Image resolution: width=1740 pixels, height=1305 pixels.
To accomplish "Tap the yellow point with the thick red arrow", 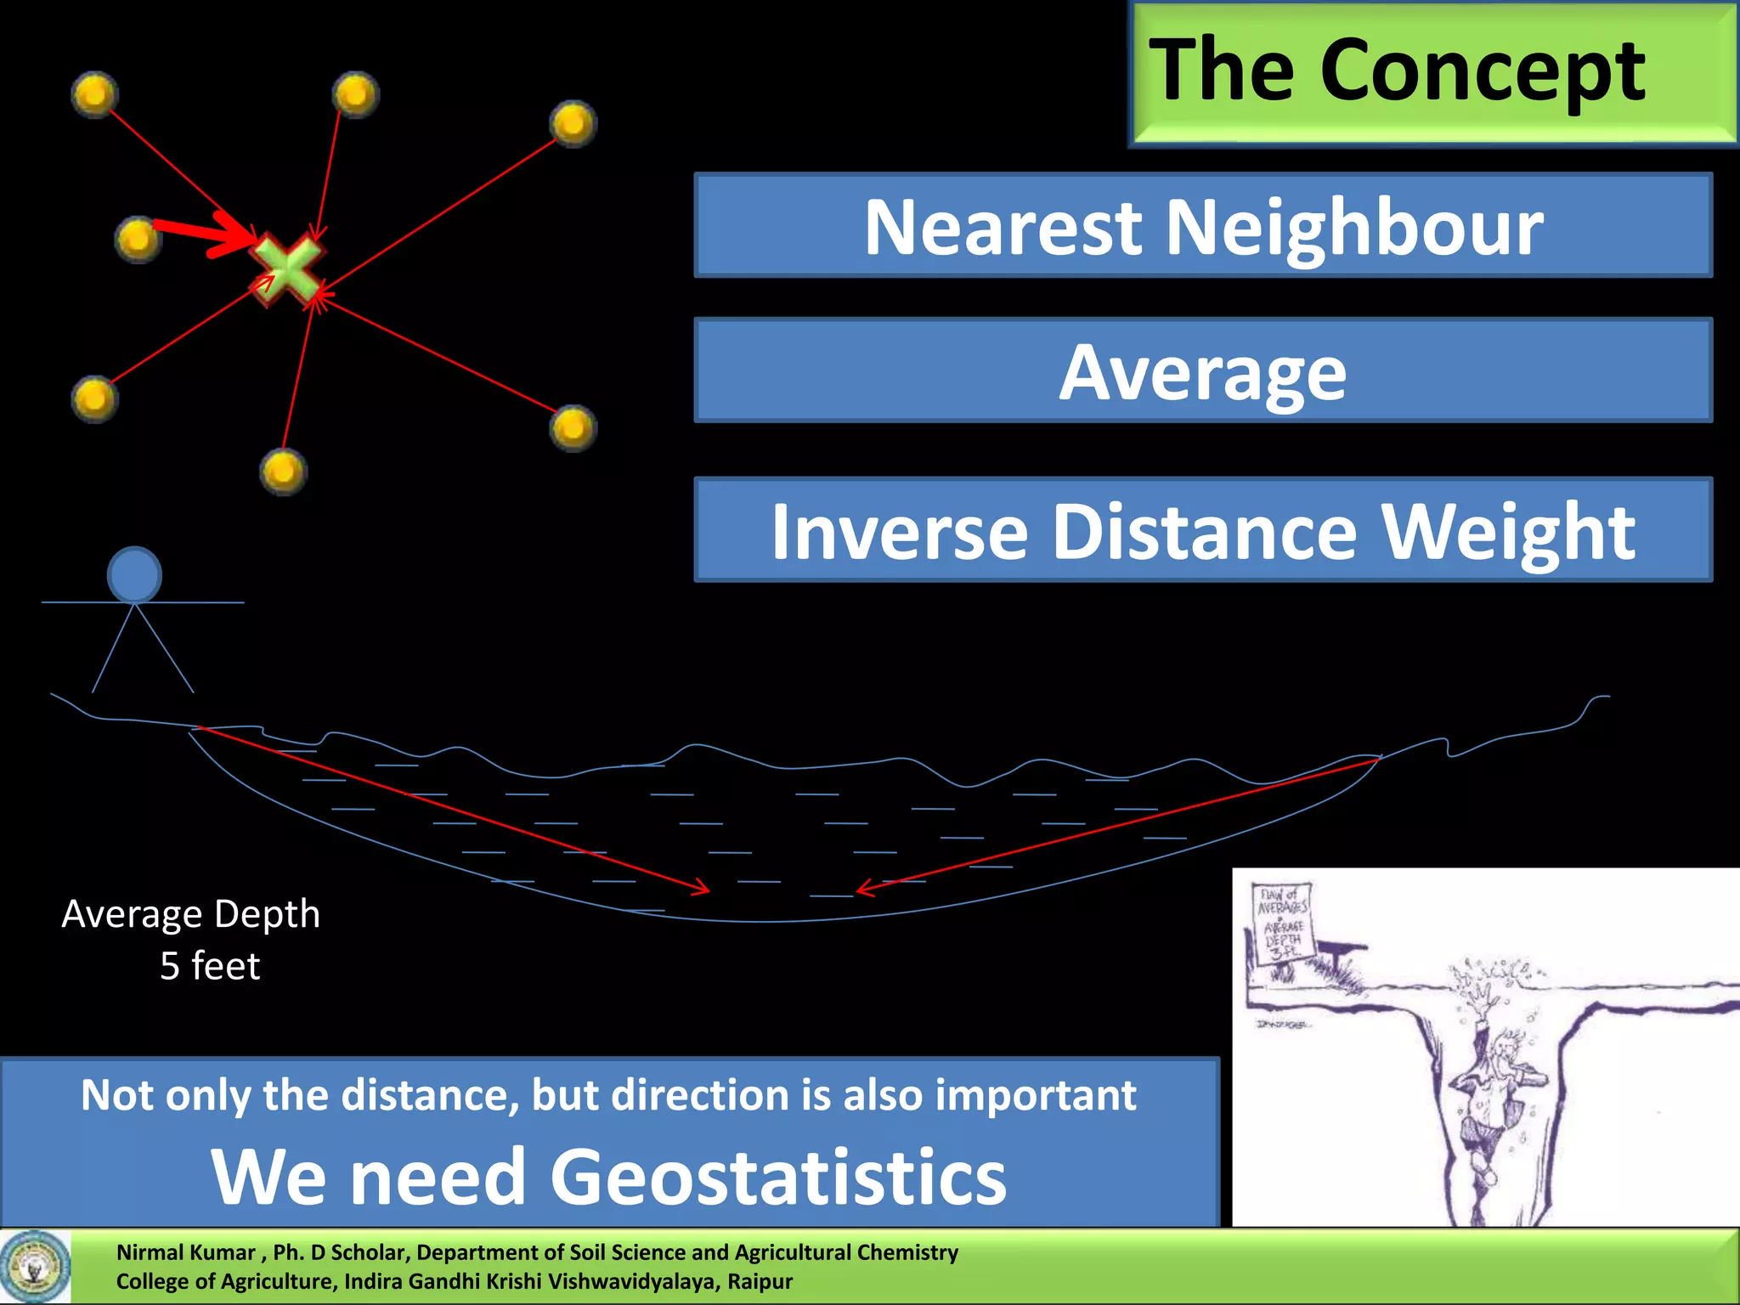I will (138, 239).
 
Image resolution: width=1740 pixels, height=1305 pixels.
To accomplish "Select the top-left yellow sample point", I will (94, 93).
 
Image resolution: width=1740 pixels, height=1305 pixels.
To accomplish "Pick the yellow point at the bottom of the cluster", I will (283, 471).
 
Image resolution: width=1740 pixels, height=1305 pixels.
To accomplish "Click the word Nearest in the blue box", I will (1003, 228).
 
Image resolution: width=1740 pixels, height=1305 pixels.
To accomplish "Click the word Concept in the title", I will (1482, 71).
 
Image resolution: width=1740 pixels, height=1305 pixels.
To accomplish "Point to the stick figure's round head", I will (134, 575).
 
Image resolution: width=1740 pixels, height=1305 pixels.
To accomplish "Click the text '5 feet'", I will (210, 966).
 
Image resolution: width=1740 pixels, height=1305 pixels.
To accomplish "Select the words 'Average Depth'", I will (191, 914).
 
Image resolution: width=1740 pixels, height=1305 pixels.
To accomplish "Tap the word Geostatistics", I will (778, 1177).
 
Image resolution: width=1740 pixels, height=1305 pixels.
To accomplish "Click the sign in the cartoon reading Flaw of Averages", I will (1284, 923).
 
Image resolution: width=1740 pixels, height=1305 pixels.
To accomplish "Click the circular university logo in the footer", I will (35, 1267).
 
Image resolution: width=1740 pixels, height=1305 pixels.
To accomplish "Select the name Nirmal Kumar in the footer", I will (186, 1252).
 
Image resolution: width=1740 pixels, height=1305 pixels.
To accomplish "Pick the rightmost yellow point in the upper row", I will (573, 123).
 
